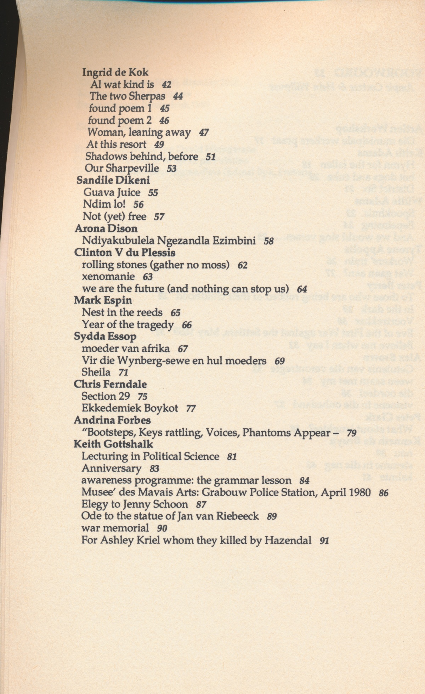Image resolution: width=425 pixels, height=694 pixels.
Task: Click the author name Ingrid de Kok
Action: click(x=115, y=72)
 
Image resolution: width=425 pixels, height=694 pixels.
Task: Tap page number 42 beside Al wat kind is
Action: click(x=166, y=85)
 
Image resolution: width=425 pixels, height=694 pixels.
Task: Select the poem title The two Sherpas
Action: click(x=127, y=96)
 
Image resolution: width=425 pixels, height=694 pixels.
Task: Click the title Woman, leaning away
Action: click(x=139, y=132)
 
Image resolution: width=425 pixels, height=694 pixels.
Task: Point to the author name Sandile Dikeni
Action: click(x=113, y=180)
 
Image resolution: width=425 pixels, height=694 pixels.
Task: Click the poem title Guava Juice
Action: click(x=112, y=192)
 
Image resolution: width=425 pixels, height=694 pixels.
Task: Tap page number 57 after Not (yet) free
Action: click(x=159, y=216)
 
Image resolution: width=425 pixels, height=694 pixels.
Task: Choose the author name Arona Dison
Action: click(x=106, y=228)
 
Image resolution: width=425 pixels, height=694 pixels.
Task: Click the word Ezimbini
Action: click(x=234, y=241)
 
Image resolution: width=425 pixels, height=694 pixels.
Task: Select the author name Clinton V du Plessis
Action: click(x=125, y=253)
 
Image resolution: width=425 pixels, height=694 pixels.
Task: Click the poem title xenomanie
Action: click(x=108, y=276)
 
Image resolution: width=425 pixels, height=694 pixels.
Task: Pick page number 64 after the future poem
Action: click(x=302, y=289)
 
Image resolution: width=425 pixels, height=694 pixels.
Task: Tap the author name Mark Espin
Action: click(x=103, y=300)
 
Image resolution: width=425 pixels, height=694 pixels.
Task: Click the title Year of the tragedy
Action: click(x=127, y=325)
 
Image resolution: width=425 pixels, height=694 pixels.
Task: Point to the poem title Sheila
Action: click(x=96, y=372)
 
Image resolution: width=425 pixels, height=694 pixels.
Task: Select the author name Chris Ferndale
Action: click(x=110, y=384)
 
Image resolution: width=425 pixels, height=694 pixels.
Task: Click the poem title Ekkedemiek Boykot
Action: click(x=130, y=408)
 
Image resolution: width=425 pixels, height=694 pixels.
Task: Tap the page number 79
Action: click(x=352, y=433)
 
